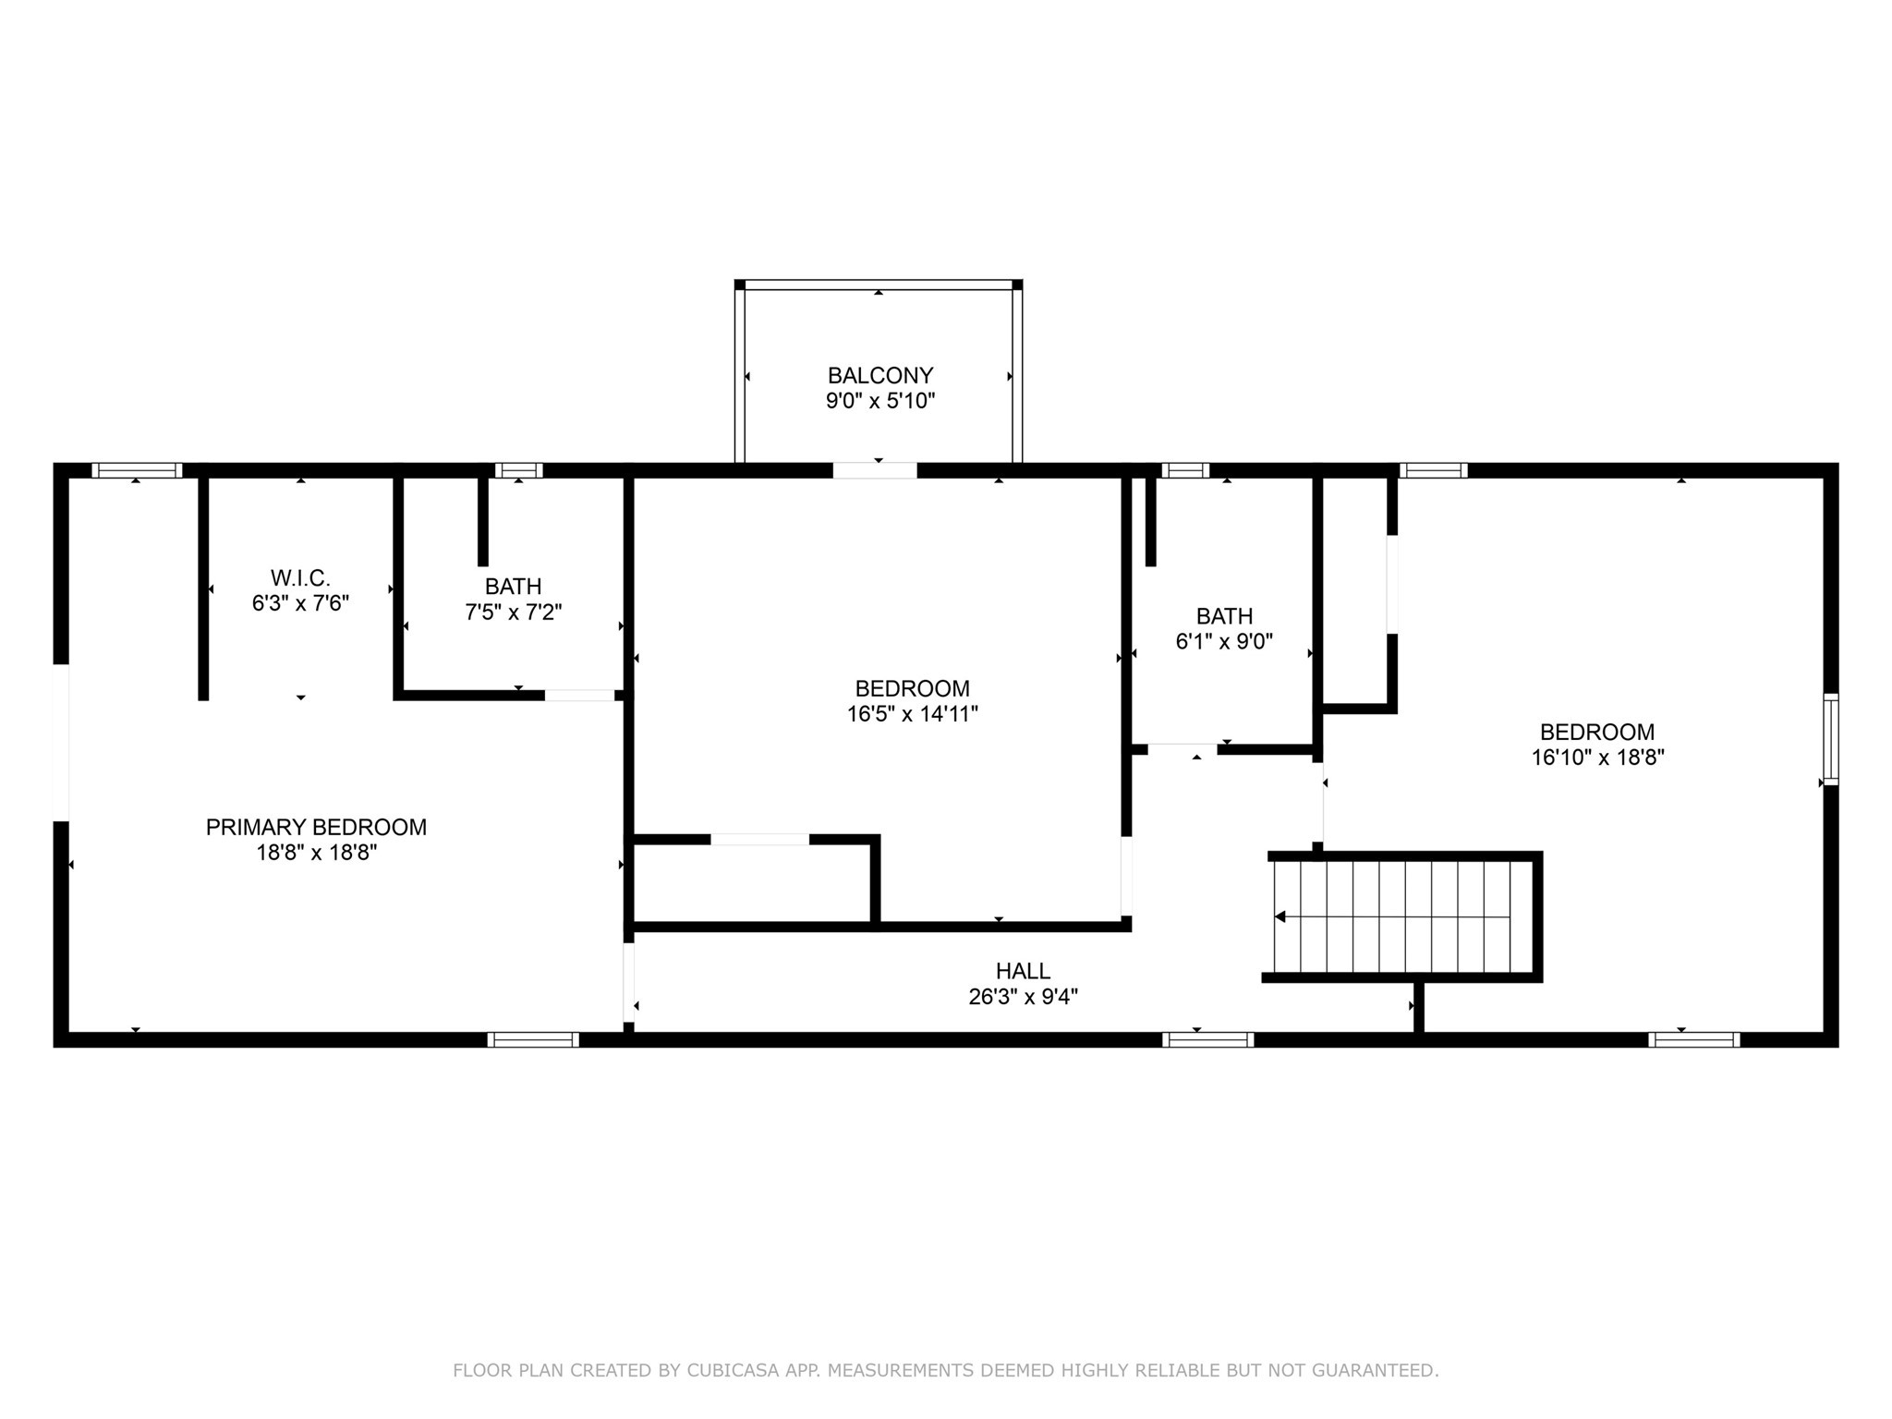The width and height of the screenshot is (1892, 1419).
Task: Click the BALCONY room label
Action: (879, 375)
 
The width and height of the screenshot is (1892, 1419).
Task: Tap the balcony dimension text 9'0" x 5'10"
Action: (879, 401)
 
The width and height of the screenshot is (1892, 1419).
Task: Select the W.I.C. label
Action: (300, 578)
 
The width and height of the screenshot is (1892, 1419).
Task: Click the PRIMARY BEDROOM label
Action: (316, 827)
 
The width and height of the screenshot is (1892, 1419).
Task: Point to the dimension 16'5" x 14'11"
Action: (912, 714)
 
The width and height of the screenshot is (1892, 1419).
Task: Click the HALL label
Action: (1023, 971)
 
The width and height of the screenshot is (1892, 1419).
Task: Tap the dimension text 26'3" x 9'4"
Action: (1023, 997)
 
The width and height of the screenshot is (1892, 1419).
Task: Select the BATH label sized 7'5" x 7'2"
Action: (513, 587)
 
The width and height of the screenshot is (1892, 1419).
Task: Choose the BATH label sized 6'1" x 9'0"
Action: (1224, 616)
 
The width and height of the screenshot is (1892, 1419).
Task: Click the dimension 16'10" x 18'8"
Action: (1596, 758)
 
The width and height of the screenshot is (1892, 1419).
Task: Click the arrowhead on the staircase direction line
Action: (1280, 916)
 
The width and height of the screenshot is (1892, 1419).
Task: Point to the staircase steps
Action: (1404, 916)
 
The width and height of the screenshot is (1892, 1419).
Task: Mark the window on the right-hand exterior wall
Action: (1829, 739)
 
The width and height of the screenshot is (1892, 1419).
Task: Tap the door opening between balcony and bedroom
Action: (874, 470)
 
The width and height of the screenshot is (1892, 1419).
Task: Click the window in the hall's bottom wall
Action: (1207, 1039)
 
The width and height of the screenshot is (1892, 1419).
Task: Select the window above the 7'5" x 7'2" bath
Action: (518, 470)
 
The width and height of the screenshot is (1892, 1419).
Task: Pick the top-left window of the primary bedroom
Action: (137, 470)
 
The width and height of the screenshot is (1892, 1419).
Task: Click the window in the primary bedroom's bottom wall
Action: (533, 1039)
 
